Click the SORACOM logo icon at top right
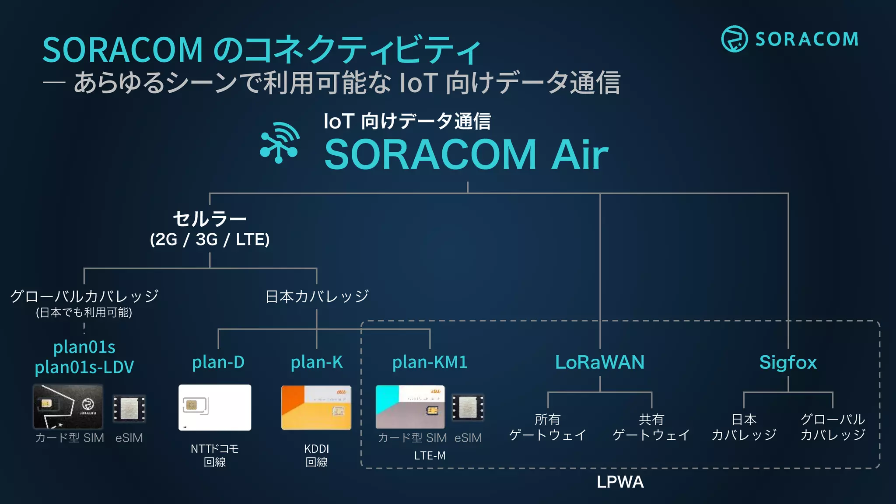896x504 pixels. pos(734,39)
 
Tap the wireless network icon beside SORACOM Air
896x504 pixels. pos(280,143)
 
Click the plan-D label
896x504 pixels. pos(218,362)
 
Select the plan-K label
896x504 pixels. pos(317,362)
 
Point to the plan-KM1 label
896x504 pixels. pos(430,362)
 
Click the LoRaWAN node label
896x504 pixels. pos(599,362)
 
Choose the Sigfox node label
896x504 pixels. pos(787,362)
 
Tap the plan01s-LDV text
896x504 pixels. pos(84,367)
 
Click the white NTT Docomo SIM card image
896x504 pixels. pos(215,407)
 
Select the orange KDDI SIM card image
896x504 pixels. pos(316,407)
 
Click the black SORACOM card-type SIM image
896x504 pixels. pos(68,406)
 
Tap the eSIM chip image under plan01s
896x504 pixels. pos(129,408)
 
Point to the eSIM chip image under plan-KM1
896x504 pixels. pos(468,407)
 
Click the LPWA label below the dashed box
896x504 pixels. pos(620,482)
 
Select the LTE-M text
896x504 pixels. pos(430,455)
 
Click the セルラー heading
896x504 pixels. pos(210,219)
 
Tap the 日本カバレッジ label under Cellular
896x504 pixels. pos(317,296)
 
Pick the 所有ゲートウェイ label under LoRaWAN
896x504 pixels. pos(547,427)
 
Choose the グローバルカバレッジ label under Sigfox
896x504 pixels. pos(833,427)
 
